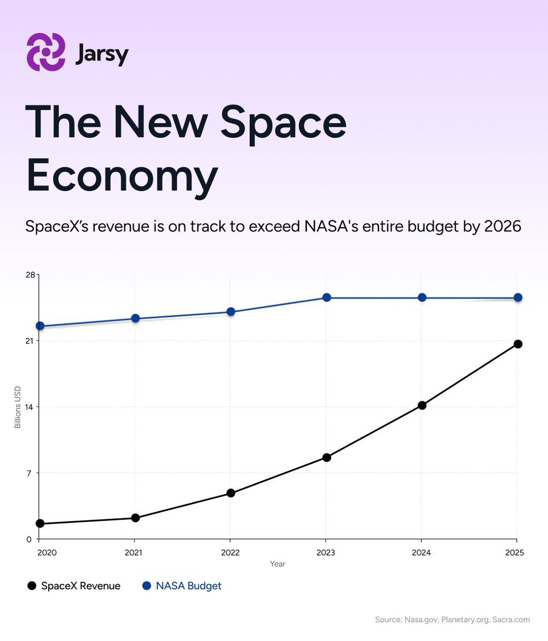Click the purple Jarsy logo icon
click(46, 52)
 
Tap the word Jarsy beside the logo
click(102, 54)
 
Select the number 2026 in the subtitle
click(502, 226)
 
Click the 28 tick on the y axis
click(29, 275)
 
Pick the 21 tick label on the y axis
click(30, 341)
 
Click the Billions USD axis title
click(18, 407)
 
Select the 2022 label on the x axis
click(230, 553)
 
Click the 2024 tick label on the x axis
click(421, 553)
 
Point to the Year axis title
click(277, 564)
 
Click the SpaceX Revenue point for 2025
click(518, 344)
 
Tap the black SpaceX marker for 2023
click(326, 457)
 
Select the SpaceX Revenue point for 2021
click(135, 518)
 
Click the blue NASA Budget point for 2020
click(40, 326)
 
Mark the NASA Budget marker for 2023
click(326, 298)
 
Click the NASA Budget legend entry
click(182, 586)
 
